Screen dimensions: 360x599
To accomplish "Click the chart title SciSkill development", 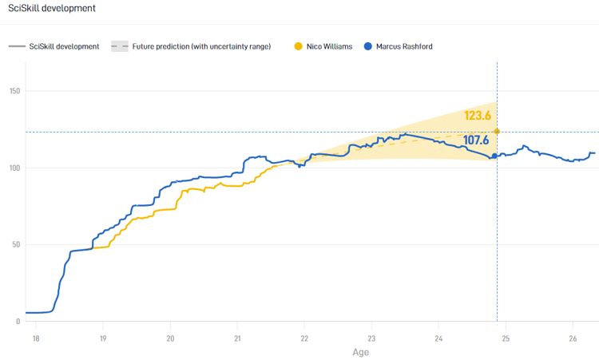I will point(52,8).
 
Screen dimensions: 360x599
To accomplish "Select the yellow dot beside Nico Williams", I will point(298,46).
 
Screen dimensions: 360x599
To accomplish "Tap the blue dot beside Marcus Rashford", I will point(367,46).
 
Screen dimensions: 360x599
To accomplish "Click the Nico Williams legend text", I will point(329,46).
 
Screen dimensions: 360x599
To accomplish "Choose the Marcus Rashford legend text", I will point(403,46).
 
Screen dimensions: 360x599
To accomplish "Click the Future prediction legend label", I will point(201,46).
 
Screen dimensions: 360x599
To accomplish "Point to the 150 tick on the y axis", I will point(14,91).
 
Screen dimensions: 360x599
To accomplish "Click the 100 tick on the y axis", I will point(14,168).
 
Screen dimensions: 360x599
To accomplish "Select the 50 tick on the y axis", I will point(16,244).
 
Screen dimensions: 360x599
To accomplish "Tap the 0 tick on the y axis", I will point(18,322).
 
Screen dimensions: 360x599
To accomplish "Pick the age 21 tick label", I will point(236,338).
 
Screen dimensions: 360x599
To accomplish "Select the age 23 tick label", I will point(371,338).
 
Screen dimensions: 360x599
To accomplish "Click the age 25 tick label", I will point(505,338).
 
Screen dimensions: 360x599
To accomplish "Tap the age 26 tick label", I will point(572,338).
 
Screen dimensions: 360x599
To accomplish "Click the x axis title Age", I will point(360,352).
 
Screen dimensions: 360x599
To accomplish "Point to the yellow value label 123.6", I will point(477,116).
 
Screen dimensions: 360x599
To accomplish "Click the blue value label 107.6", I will point(476,140).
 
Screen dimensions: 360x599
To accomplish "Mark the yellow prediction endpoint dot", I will point(497,131).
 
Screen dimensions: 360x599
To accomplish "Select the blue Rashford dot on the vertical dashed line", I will point(494,156).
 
